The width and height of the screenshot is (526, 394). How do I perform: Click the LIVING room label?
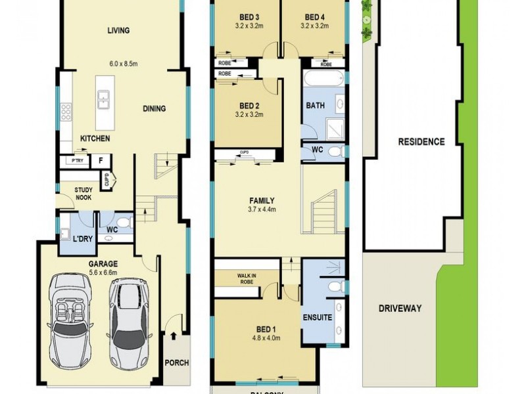118,30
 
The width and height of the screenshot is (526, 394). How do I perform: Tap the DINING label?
155,109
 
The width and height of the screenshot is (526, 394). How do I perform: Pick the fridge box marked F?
101,160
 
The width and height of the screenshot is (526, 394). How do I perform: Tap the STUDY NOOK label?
83,193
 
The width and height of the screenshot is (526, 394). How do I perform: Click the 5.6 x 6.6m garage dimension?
103,272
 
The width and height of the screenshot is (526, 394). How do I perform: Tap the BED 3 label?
249,17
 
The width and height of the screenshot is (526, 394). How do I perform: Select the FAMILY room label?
262,201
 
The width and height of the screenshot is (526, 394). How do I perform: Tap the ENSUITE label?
317,318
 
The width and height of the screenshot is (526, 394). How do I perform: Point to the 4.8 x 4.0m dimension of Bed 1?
267,339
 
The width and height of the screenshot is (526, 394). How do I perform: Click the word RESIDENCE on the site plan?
421,142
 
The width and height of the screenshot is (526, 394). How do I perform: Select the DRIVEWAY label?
400,308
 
